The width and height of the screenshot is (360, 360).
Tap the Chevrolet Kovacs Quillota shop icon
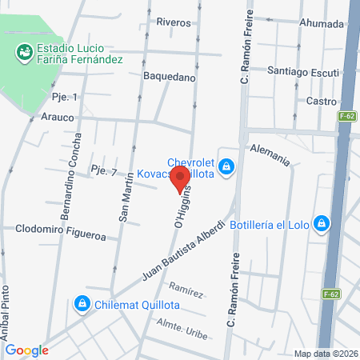click(x=227, y=166)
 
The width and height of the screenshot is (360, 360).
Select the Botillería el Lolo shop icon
click(x=321, y=223)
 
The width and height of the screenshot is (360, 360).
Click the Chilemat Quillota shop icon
click(x=81, y=304)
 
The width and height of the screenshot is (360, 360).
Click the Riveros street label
click(x=174, y=22)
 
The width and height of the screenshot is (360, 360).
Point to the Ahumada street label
click(x=321, y=23)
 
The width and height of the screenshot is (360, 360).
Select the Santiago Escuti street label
click(x=302, y=72)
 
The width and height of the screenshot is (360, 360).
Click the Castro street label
click(x=322, y=101)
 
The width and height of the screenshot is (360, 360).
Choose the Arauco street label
click(x=57, y=117)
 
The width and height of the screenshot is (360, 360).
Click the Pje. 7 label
click(x=104, y=171)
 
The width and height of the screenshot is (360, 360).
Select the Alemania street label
click(x=270, y=154)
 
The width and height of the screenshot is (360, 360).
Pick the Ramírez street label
click(x=186, y=290)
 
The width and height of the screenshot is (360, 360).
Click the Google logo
click(x=26, y=350)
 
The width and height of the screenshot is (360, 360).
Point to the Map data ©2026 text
click(x=324, y=354)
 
